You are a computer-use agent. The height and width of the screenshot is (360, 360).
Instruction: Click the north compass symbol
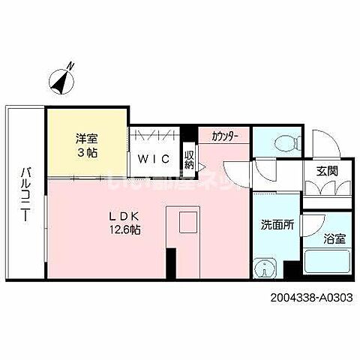click(60, 80)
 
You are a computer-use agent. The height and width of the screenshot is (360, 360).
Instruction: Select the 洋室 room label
click(85, 137)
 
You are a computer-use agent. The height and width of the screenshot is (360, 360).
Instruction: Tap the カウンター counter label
click(225, 136)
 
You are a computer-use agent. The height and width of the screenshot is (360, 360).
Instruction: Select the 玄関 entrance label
click(326, 170)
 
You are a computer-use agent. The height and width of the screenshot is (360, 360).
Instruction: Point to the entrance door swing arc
click(322, 142)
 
